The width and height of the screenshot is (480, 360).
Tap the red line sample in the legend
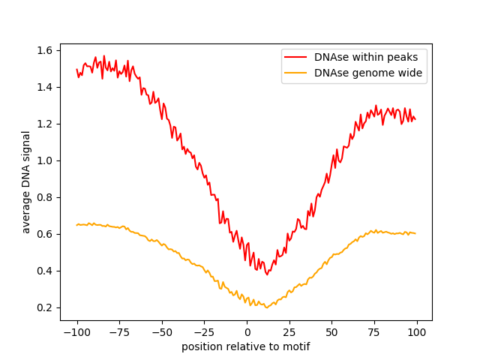296,56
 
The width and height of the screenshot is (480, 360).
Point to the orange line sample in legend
296,73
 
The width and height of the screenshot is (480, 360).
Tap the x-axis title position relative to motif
246,346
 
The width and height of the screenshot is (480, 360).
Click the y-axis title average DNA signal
26,181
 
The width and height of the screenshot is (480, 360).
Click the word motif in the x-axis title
295,346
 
